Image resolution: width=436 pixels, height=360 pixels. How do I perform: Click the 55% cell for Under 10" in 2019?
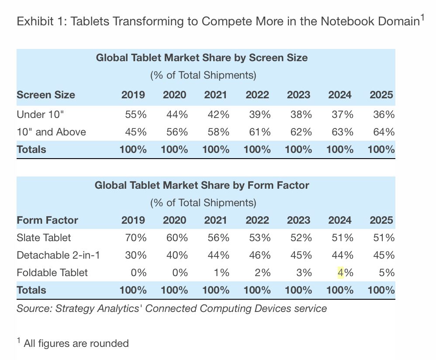point(135,114)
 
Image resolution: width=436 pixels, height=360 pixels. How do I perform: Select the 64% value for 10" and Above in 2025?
point(384,132)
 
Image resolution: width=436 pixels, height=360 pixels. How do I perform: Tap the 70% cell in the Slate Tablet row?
point(135,238)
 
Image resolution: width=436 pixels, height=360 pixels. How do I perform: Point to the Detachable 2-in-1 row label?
point(58,255)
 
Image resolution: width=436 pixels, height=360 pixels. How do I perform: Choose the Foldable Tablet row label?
point(52,273)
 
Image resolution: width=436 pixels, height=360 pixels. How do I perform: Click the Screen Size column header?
point(46,95)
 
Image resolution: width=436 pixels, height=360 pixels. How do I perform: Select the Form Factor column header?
point(47,220)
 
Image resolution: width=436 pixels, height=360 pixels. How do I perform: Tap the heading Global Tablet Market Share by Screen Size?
point(202,58)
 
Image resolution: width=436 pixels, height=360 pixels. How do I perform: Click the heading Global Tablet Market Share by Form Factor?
point(202,185)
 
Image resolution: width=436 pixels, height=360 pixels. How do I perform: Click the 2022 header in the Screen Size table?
point(257,95)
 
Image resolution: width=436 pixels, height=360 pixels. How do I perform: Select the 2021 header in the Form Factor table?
point(216,220)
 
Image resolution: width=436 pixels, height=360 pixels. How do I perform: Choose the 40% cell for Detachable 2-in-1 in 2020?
point(177,255)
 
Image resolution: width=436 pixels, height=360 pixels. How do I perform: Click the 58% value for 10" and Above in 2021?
point(218,132)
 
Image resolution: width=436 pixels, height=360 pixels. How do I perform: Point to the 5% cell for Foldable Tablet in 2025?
point(387,273)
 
